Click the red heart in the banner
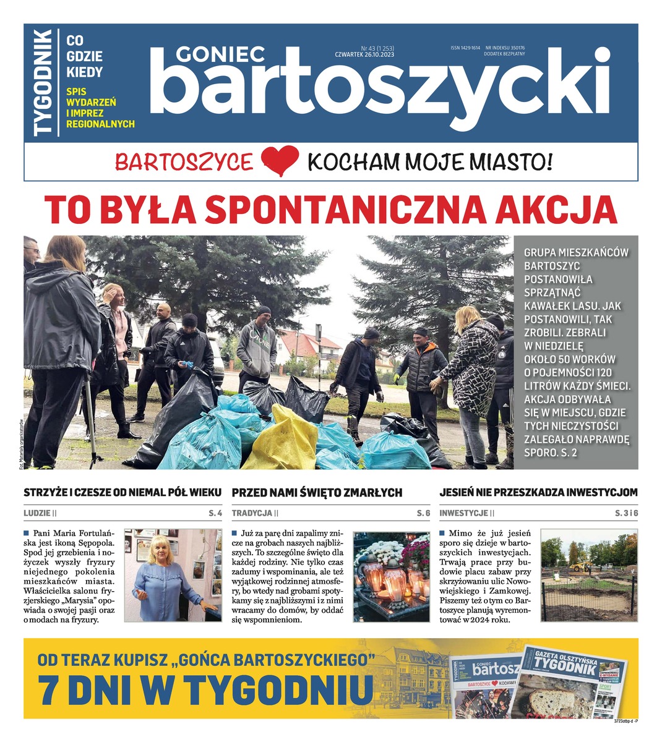(x=280, y=161)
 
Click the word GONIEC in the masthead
(x=220, y=55)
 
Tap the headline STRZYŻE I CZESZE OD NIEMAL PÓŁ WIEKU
(x=123, y=493)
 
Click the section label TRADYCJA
(x=251, y=513)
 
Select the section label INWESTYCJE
(x=463, y=513)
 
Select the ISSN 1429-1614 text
(x=465, y=48)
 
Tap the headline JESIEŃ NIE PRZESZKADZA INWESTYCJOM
(x=538, y=493)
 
